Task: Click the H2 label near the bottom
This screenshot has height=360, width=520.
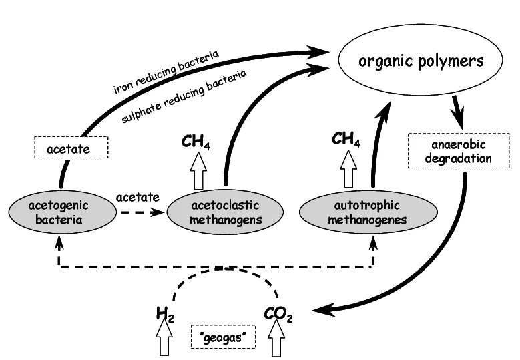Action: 165,313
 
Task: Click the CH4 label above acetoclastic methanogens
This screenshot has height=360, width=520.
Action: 196,142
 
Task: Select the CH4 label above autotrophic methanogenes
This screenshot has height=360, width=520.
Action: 347,140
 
